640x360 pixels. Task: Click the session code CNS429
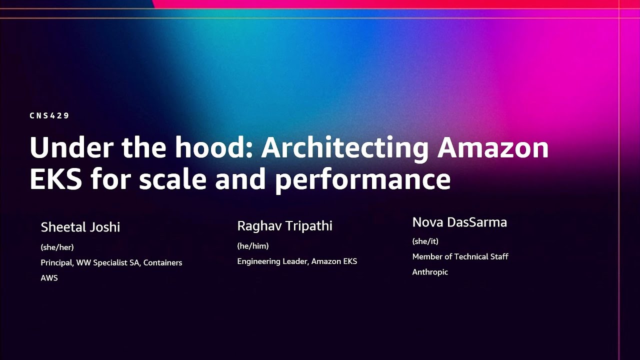[49, 115]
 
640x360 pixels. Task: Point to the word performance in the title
[362, 180]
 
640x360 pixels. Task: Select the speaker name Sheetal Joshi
[80, 227]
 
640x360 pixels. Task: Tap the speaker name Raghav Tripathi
[284, 226]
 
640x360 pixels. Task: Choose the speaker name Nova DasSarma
[459, 222]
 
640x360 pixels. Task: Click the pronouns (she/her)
[57, 247]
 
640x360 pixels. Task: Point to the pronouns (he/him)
[252, 246]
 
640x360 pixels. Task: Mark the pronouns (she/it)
[425, 241]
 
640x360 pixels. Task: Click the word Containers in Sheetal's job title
[162, 262]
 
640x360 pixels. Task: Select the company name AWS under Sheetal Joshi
[49, 278]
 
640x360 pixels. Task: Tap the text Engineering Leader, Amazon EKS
[297, 261]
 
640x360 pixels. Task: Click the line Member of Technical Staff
[460, 256]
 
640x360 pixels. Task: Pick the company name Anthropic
[430, 272]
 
